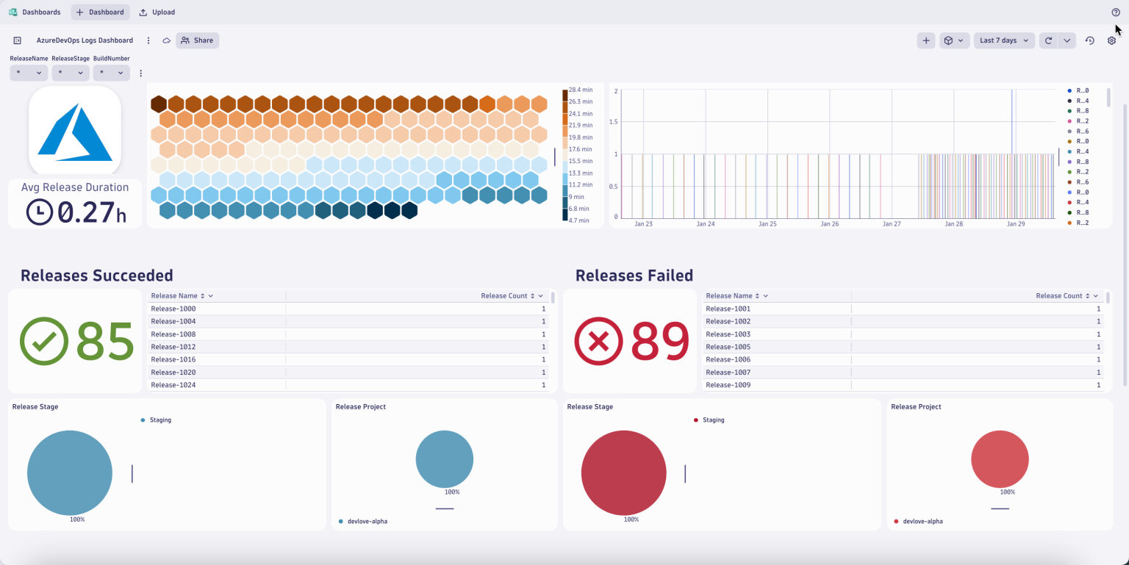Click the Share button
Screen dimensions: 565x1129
pyautogui.click(x=197, y=40)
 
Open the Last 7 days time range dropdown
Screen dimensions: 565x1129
pyautogui.click(x=1003, y=40)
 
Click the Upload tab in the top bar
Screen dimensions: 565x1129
pyautogui.click(x=157, y=12)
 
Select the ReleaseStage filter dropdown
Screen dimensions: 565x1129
pyautogui.click(x=71, y=73)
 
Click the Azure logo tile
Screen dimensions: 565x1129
pyautogui.click(x=75, y=131)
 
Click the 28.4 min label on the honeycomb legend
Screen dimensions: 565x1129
pyautogui.click(x=580, y=90)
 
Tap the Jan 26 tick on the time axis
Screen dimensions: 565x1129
pyautogui.click(x=830, y=224)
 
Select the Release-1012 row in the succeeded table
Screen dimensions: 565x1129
pyautogui.click(x=173, y=347)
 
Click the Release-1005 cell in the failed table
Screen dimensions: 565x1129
pyautogui.click(x=728, y=347)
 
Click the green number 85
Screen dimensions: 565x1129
pyautogui.click(x=104, y=342)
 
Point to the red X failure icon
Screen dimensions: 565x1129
pyautogui.click(x=598, y=342)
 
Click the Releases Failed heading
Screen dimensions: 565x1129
pyautogui.click(x=634, y=276)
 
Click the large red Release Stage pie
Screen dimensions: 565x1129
pyautogui.click(x=623, y=472)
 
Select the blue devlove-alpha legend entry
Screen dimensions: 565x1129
pyautogui.click(x=367, y=521)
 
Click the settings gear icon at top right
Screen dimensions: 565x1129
pyautogui.click(x=1111, y=40)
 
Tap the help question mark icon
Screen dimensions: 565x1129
pyautogui.click(x=1116, y=12)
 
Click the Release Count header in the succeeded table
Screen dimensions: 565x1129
pyautogui.click(x=504, y=295)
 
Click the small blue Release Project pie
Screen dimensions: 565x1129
pyautogui.click(x=444, y=458)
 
